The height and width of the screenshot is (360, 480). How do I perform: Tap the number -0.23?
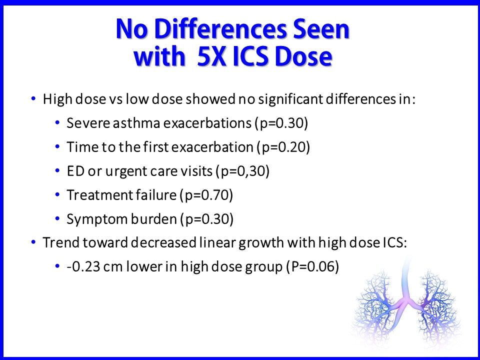[x=81, y=268]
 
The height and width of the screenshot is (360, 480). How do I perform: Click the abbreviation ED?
[x=73, y=171]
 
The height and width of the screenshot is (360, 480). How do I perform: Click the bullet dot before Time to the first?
[x=57, y=147]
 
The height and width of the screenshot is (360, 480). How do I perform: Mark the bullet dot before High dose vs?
[x=33, y=99]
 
